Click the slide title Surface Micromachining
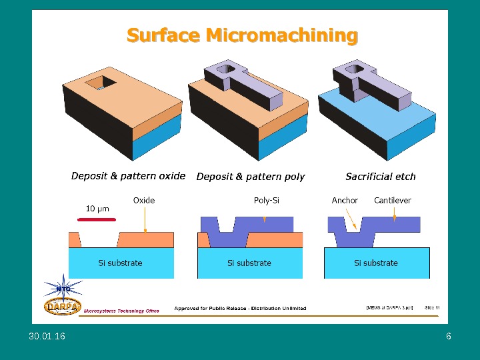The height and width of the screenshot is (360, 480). (242, 35)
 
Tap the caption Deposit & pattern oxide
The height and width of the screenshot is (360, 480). (128, 176)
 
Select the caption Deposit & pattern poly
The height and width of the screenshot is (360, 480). (250, 177)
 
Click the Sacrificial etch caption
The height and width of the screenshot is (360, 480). (380, 177)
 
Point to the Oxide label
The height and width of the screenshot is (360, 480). (144, 200)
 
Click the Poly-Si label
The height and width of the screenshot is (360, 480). (267, 200)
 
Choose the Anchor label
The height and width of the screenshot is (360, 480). (345, 200)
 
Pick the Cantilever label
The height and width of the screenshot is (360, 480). (393, 200)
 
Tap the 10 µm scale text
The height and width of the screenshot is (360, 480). (97, 209)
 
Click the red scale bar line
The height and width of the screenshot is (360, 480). (97, 217)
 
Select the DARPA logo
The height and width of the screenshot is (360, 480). (63, 306)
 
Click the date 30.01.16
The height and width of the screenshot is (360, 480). (47, 337)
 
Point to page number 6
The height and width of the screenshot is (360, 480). (449, 337)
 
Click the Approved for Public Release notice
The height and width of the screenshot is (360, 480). (240, 308)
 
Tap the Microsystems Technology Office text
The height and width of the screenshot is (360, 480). (121, 311)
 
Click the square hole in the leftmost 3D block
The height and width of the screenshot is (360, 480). (103, 82)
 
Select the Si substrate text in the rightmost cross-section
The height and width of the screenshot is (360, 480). (375, 263)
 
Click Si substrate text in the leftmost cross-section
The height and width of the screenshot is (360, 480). (120, 263)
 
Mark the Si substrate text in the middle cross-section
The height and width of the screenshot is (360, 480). (249, 263)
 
